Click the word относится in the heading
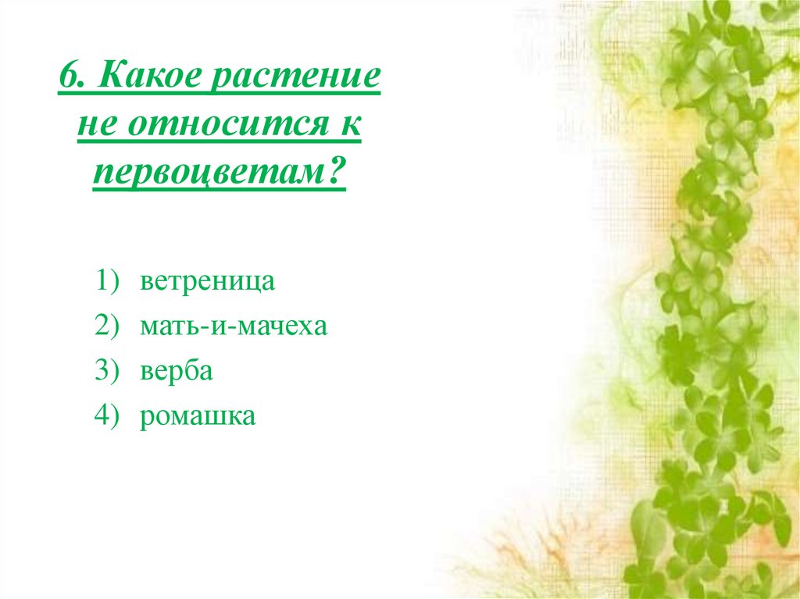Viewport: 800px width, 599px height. pos(222,127)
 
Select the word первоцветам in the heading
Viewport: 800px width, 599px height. pos(210,174)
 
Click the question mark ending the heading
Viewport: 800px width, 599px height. pos(337,173)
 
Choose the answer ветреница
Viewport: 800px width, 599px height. pos(208,282)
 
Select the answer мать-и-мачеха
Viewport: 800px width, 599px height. pos(234,326)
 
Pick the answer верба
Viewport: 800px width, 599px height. pos(177,372)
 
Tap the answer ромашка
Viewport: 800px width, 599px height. pos(198,416)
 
